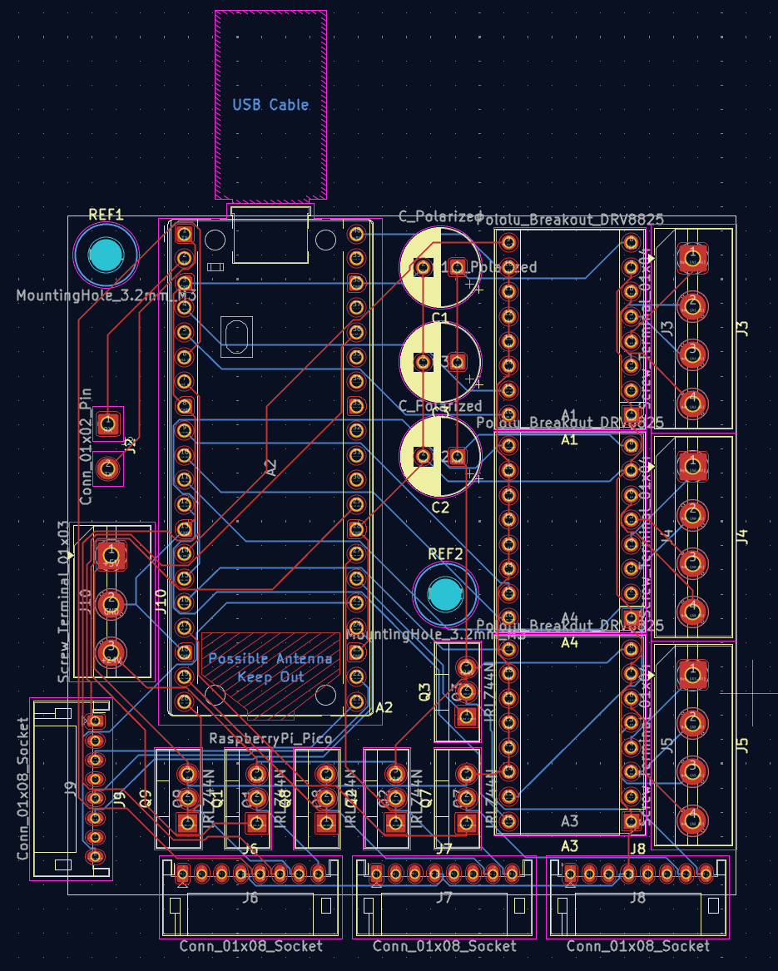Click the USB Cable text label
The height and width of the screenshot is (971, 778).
270,105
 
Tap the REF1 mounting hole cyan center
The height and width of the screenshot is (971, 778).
106,256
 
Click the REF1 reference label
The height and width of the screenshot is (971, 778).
106,215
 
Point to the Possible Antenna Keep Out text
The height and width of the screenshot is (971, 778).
270,667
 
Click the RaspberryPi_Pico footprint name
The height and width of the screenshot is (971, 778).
270,739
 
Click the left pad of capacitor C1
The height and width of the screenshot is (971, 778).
424,267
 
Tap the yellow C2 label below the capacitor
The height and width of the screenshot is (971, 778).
440,507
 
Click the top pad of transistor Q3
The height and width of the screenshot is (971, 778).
468,667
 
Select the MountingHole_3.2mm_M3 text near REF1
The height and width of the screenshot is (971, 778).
107,295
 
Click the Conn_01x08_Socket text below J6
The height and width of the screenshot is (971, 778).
250,946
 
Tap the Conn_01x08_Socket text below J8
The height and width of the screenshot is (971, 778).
638,946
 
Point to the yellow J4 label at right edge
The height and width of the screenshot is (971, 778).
743,537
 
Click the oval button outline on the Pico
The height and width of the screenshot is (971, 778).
237,337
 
